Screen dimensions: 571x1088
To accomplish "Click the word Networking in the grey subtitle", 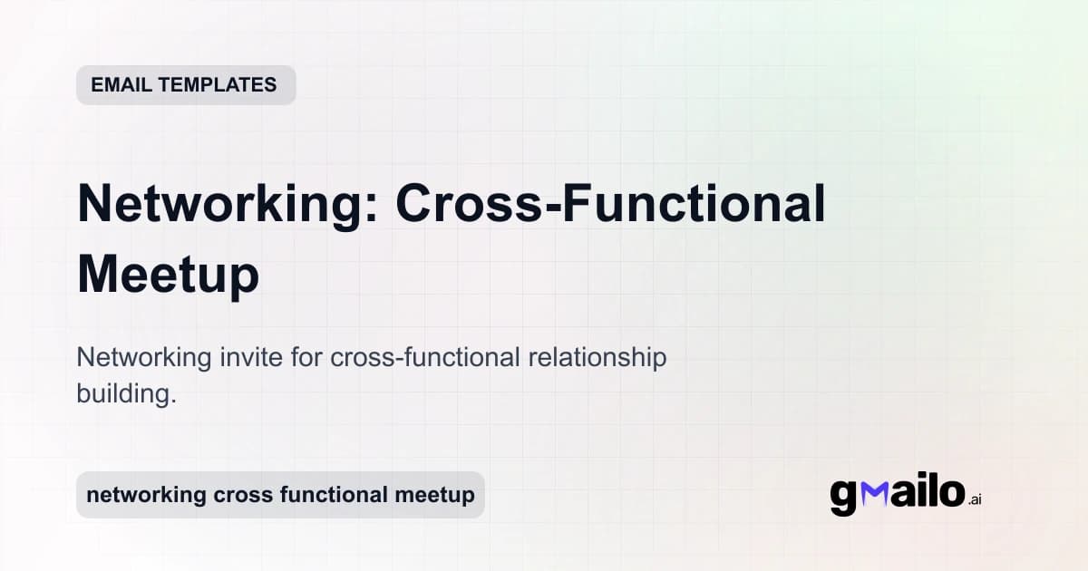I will point(144,358).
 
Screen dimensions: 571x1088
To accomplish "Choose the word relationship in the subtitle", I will point(597,358).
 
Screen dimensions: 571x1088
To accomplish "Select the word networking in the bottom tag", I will point(146,496).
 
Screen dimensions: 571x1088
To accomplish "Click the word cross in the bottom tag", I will point(240,496).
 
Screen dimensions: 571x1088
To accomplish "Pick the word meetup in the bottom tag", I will point(435,496).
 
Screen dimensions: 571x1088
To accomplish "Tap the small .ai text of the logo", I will point(975,499).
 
